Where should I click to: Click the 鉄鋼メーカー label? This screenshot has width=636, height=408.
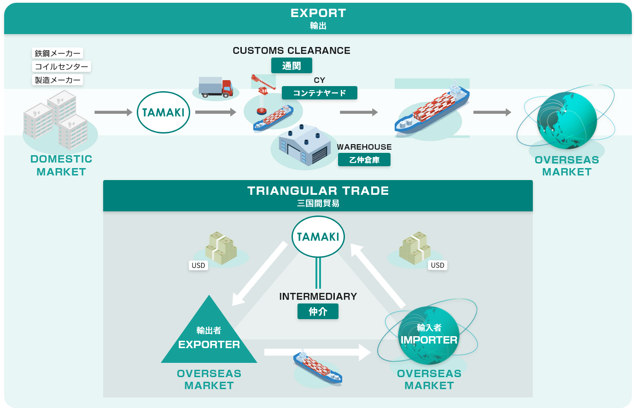click(x=58, y=53)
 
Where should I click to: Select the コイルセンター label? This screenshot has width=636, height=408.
click(x=61, y=67)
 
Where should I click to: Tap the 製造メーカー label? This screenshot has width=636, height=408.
click(x=58, y=80)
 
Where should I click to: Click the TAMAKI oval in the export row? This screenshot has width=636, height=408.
click(x=163, y=112)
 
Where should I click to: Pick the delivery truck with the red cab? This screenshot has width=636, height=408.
click(x=216, y=87)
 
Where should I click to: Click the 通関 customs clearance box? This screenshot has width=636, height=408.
click(x=291, y=66)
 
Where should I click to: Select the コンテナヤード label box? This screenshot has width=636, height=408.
click(x=319, y=93)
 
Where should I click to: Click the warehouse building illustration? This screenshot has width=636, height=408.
click(x=304, y=146)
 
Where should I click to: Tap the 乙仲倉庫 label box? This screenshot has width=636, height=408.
click(x=364, y=160)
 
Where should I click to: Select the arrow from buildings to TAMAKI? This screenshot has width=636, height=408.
click(x=113, y=112)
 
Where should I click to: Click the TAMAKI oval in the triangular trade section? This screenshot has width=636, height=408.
click(x=318, y=237)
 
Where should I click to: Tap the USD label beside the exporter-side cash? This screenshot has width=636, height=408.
click(x=198, y=265)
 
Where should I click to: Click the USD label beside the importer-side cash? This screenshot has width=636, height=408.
click(x=438, y=265)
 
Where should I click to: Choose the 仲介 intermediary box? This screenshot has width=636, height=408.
click(x=318, y=311)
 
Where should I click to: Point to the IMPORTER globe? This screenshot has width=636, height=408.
click(x=429, y=335)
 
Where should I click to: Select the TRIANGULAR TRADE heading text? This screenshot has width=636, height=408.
click(x=318, y=191)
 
